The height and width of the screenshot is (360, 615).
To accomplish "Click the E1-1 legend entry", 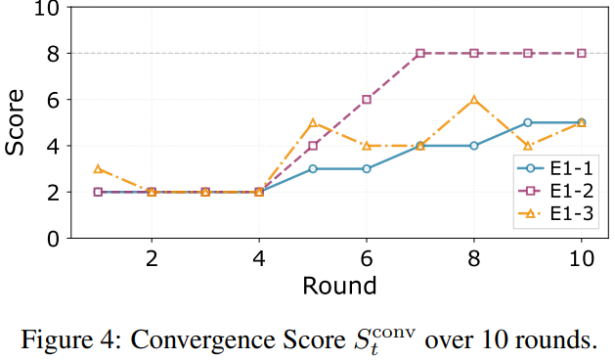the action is [555, 168].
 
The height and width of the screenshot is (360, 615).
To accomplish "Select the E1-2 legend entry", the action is [555, 191].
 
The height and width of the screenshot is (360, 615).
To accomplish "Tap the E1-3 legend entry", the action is [555, 214].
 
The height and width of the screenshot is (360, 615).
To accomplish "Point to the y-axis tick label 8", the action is [53, 54].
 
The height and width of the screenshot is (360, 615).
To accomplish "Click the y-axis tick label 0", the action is [53, 239].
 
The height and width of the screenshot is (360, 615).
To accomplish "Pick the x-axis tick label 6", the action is [367, 258].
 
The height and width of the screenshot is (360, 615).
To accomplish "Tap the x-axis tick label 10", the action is [582, 258].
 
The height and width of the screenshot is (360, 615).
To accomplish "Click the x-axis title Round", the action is [339, 286].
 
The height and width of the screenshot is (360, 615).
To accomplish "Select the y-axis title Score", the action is [15, 122].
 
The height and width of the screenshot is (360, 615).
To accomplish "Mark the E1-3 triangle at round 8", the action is [474, 100].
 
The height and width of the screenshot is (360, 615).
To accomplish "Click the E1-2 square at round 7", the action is [420, 54].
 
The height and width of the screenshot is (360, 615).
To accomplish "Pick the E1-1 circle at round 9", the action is [528, 123].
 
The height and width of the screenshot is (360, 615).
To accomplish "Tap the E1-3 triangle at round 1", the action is [98, 169].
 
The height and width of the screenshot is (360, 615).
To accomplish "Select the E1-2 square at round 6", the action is [367, 100].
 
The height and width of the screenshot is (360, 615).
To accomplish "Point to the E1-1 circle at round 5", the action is [313, 169].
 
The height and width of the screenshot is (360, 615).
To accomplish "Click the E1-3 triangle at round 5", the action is [313, 123].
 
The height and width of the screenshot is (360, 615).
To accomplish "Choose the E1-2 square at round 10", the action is [582, 54].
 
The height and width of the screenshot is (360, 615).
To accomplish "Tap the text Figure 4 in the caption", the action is [67, 339].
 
